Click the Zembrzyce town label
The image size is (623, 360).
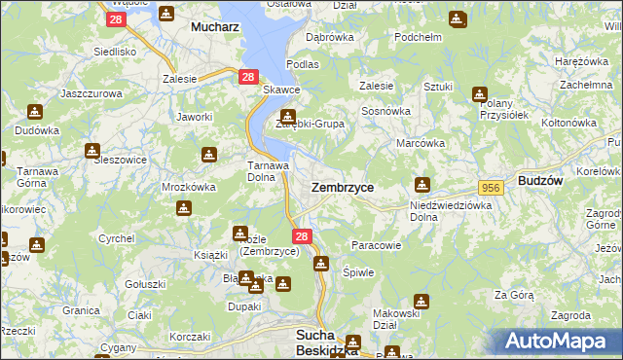coord(342,186)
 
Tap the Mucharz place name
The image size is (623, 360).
coord(216,27)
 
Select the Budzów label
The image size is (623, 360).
coord(542,181)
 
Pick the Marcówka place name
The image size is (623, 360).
coord(421,143)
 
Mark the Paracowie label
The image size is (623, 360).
coord(377,245)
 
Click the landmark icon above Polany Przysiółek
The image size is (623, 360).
coord(479,94)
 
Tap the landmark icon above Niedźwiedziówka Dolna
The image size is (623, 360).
coord(421,183)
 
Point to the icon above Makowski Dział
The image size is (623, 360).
coord(421,302)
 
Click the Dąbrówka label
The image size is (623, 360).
coord(329,37)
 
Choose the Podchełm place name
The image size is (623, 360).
coord(419,37)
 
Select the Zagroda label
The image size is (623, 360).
coord(570,315)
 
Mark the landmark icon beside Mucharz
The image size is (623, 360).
coord(165,15)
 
